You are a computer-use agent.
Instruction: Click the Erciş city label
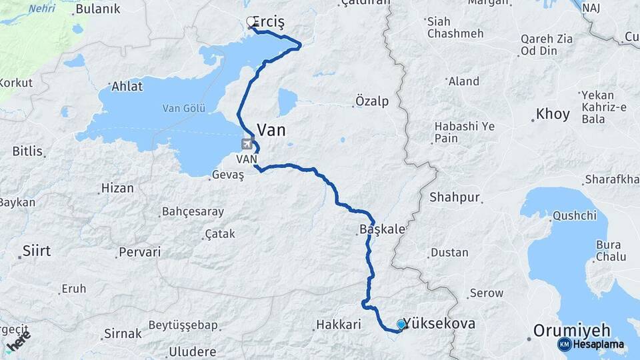pyautogui.click(x=271, y=23)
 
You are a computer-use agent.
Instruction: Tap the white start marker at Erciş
pyautogui.click(x=251, y=22)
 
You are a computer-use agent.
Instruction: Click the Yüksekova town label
pyautogui.click(x=441, y=323)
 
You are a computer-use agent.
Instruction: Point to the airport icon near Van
pyautogui.click(x=247, y=143)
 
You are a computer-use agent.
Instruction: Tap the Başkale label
pyautogui.click(x=382, y=229)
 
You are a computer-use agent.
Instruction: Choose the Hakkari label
pyautogui.click(x=338, y=325)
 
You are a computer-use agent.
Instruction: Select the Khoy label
pyautogui.click(x=553, y=114)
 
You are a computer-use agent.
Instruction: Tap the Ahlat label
pyautogui.click(x=127, y=87)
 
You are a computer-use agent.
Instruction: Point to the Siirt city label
pyautogui.click(x=37, y=251)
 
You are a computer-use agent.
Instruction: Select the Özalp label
pyautogui.click(x=371, y=102)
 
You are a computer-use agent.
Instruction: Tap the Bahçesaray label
pyautogui.click(x=193, y=212)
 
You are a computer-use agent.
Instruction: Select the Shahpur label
pyautogui.click(x=455, y=197)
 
